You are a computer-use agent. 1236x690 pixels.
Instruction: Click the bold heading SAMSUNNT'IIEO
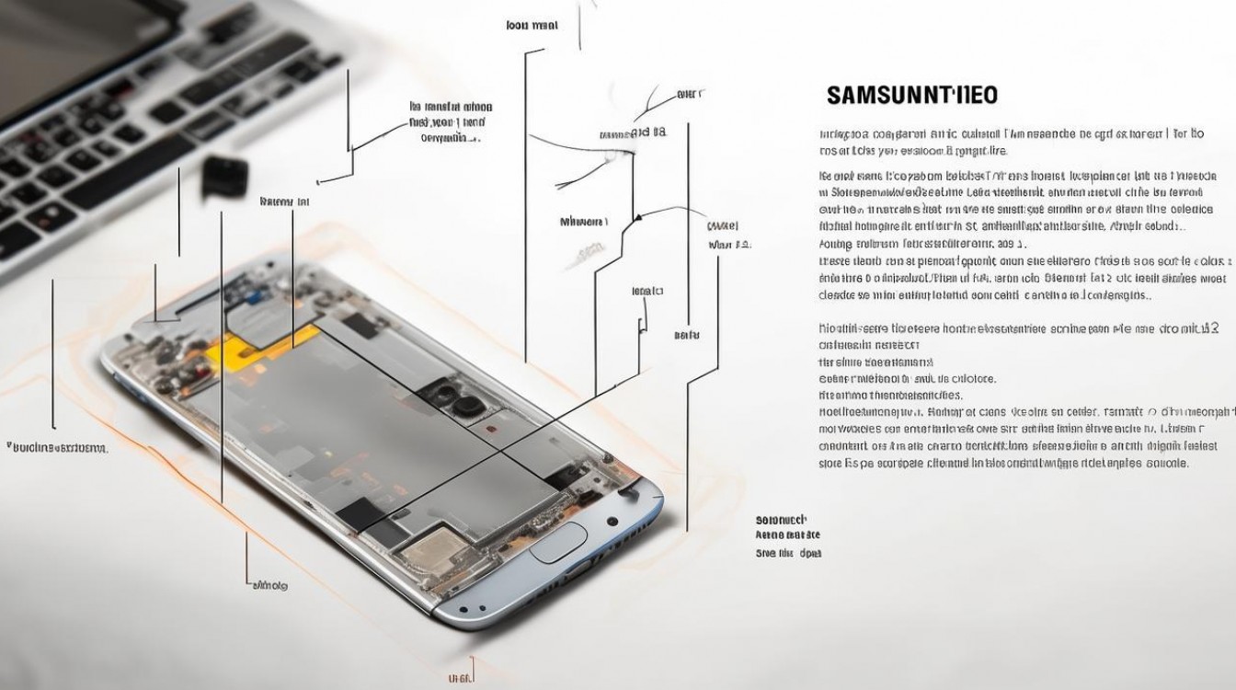coord(911,95)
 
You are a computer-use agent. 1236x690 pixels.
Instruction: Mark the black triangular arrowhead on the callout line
coord(636,219)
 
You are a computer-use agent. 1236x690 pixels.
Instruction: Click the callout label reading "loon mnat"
coord(532,25)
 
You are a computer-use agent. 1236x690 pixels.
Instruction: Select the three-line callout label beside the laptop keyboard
coord(450,122)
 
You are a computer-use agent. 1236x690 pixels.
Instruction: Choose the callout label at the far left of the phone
coord(58,448)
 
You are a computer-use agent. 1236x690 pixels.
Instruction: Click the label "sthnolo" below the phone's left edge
coord(269,585)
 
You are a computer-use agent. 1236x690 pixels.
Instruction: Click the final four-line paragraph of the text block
coord(1026,437)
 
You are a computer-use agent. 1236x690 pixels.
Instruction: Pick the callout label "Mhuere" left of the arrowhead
coord(584,222)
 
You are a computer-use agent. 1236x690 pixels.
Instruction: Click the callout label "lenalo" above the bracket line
coord(647,291)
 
